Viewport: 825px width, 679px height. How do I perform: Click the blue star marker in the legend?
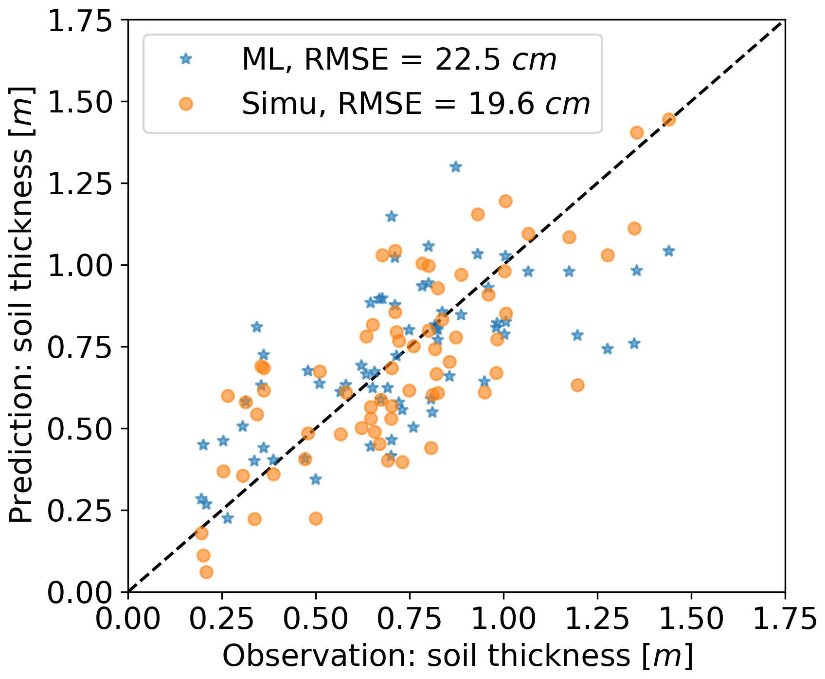click(x=185, y=59)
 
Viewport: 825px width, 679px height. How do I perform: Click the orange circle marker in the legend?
click(x=185, y=104)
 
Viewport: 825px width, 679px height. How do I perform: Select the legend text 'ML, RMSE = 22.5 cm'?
click(x=399, y=60)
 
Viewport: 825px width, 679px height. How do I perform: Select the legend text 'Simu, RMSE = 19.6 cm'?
click(x=416, y=104)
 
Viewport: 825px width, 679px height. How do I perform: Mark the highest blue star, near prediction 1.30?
click(x=455, y=167)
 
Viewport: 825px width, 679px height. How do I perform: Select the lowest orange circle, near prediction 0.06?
click(x=206, y=572)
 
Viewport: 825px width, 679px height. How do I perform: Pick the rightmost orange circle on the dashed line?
click(x=669, y=120)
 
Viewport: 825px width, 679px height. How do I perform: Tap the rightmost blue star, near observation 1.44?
click(x=669, y=251)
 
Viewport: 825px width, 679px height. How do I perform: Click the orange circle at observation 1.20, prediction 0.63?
click(x=577, y=385)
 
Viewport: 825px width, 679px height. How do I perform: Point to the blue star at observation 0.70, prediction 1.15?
click(x=391, y=217)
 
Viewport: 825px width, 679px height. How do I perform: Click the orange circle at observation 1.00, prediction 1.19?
click(x=505, y=201)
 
